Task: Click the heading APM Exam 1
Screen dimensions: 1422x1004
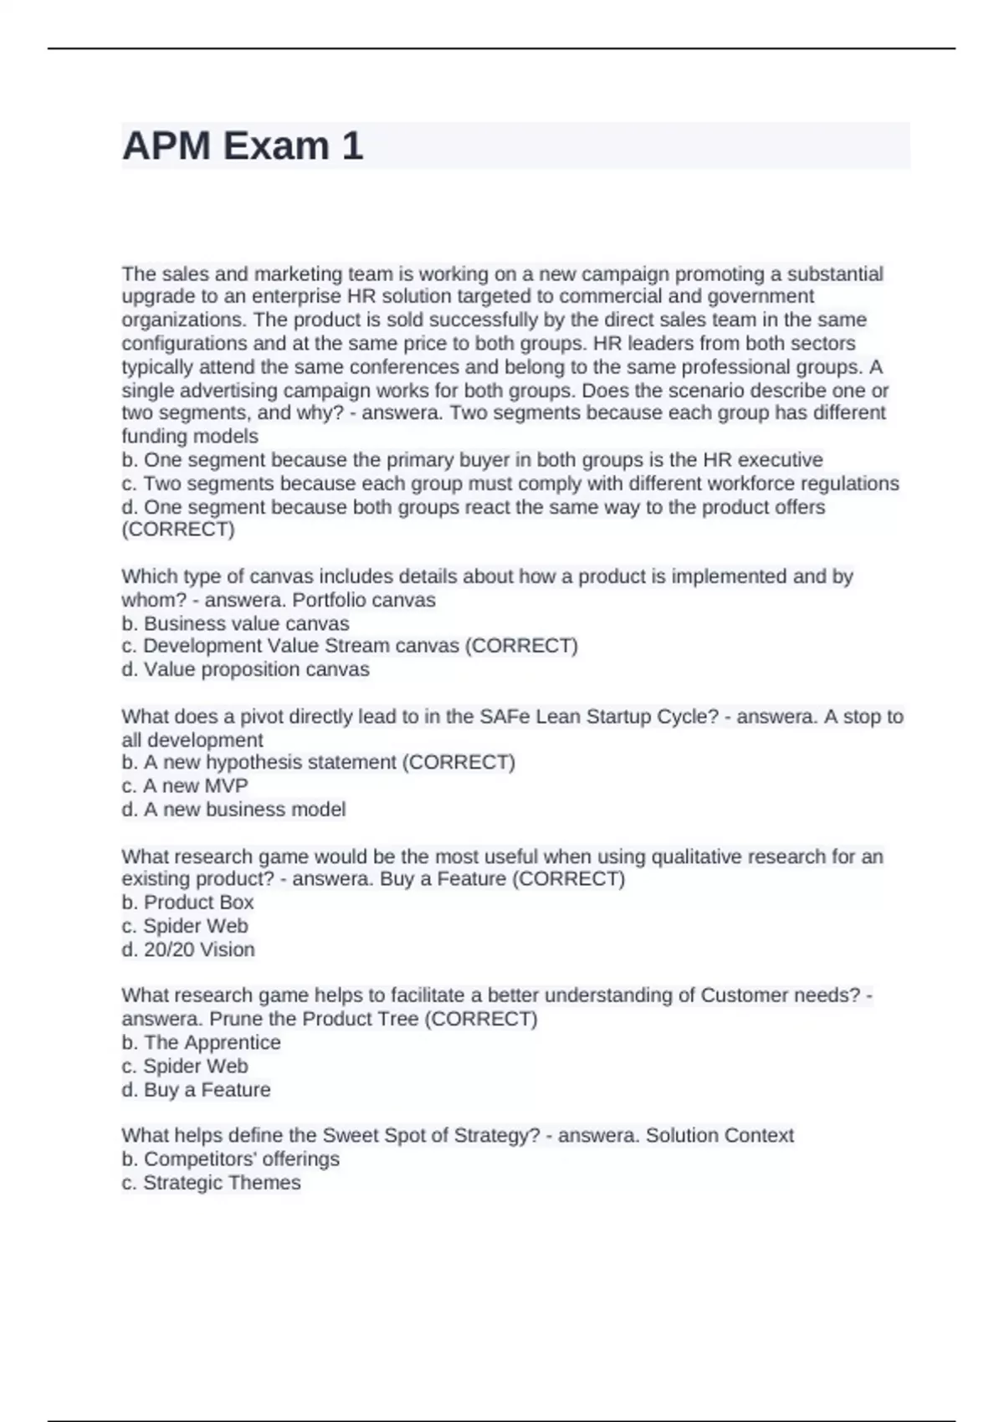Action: click(x=243, y=146)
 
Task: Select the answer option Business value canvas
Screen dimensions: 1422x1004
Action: click(x=246, y=624)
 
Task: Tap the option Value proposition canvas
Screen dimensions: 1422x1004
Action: click(x=256, y=670)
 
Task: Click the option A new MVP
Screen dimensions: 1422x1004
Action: click(x=195, y=786)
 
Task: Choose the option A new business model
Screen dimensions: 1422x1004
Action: click(x=244, y=810)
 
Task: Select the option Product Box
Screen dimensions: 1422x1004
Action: click(x=198, y=903)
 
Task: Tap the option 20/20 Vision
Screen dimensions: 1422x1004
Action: click(x=199, y=950)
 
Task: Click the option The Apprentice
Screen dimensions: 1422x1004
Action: click(x=212, y=1043)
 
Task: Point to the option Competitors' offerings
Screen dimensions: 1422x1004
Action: click(x=241, y=1159)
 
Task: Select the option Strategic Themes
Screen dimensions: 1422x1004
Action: click(x=222, y=1183)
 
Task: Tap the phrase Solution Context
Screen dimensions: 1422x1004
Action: click(x=720, y=1136)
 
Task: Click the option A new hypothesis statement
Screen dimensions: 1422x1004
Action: click(x=272, y=763)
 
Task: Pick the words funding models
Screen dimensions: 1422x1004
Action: click(x=190, y=437)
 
